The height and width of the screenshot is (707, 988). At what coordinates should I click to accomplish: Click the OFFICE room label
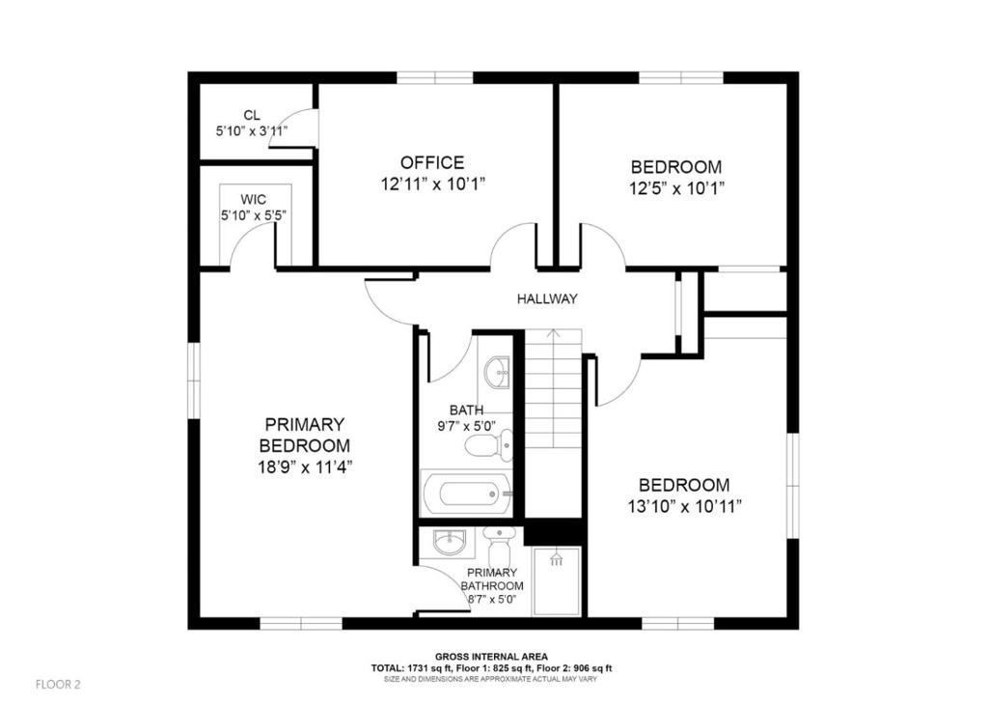coord(432,163)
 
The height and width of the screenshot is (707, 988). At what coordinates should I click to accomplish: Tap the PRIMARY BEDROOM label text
coord(304,435)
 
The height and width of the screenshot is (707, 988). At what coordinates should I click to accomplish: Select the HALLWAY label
coord(546,298)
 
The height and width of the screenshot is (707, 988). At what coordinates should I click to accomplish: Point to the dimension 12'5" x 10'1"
coord(675,187)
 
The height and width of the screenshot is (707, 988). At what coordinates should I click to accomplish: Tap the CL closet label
coord(252,115)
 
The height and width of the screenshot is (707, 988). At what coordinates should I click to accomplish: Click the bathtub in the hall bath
coord(466,495)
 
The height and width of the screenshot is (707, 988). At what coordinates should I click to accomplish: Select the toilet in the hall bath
coord(487,445)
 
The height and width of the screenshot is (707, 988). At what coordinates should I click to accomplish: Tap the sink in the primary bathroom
coord(449,543)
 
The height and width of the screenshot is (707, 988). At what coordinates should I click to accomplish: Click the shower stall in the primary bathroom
coord(556,581)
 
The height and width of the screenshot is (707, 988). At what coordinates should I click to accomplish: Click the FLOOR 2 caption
coord(58,685)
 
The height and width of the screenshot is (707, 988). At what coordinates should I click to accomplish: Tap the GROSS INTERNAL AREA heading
coord(492,656)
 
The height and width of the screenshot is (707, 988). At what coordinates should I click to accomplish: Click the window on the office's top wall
coord(433,78)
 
